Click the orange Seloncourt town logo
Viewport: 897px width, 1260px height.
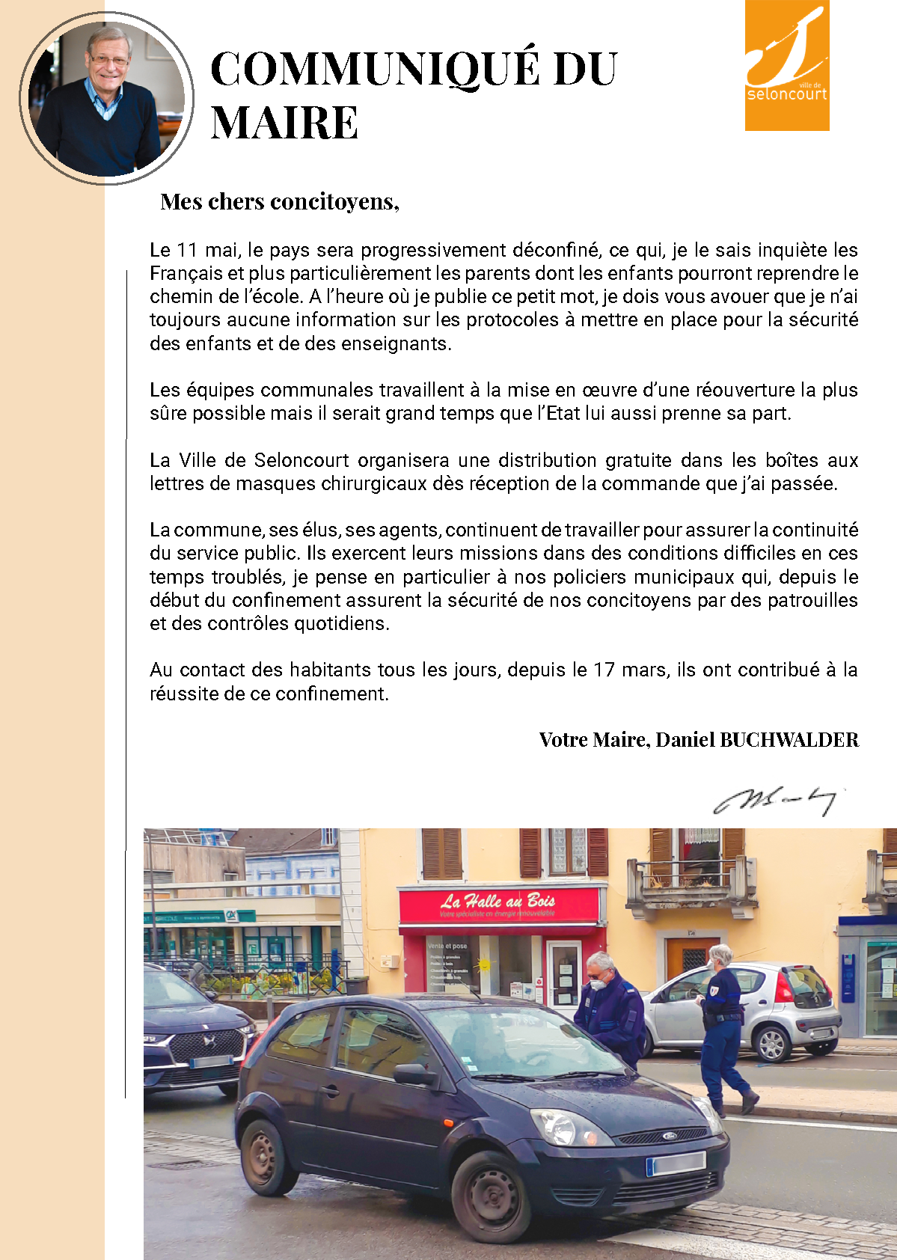787,66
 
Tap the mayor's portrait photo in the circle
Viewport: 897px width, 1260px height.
106,99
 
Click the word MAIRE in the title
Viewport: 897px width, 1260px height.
284,123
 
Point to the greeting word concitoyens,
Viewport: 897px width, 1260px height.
334,201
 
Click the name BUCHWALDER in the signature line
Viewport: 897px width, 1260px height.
789,740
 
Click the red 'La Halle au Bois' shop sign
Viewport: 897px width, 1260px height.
499,904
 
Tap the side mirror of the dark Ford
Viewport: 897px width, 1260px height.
414,1075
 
